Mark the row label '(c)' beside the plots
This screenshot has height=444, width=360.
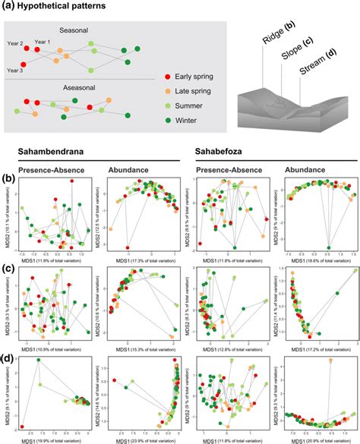click(7, 269)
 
